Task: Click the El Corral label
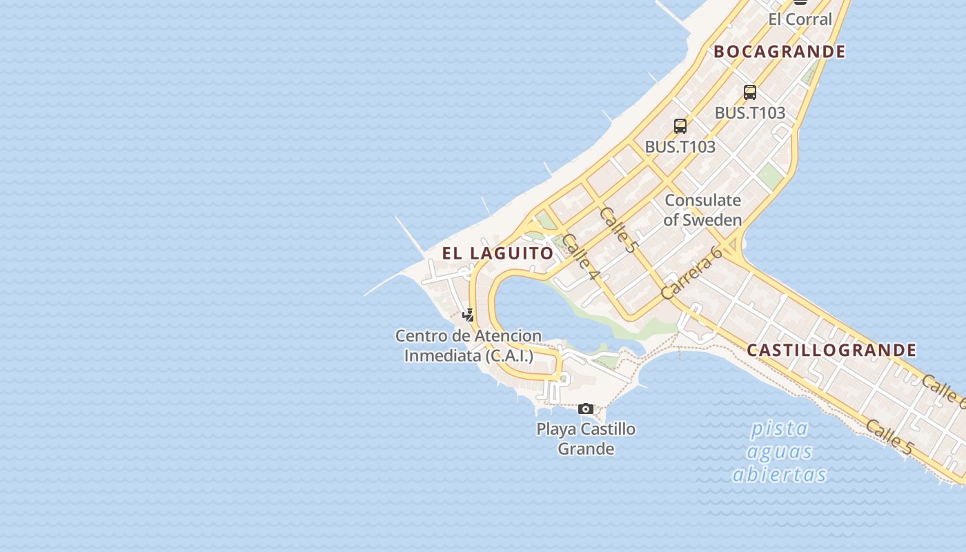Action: [800, 19]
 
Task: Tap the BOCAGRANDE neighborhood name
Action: [779, 52]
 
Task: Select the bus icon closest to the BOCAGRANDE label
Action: [750, 92]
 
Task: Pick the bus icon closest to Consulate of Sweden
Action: [680, 126]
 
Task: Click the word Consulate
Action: [702, 201]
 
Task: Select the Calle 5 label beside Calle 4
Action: [619, 230]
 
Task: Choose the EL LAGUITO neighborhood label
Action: [497, 253]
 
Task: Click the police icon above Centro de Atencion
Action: [469, 315]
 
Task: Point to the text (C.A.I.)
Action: [509, 356]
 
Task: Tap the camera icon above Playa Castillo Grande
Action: [586, 409]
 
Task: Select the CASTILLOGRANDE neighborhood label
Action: [831, 351]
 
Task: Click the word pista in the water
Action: [779, 429]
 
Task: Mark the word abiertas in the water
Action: [779, 475]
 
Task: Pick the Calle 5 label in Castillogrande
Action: [889, 437]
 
